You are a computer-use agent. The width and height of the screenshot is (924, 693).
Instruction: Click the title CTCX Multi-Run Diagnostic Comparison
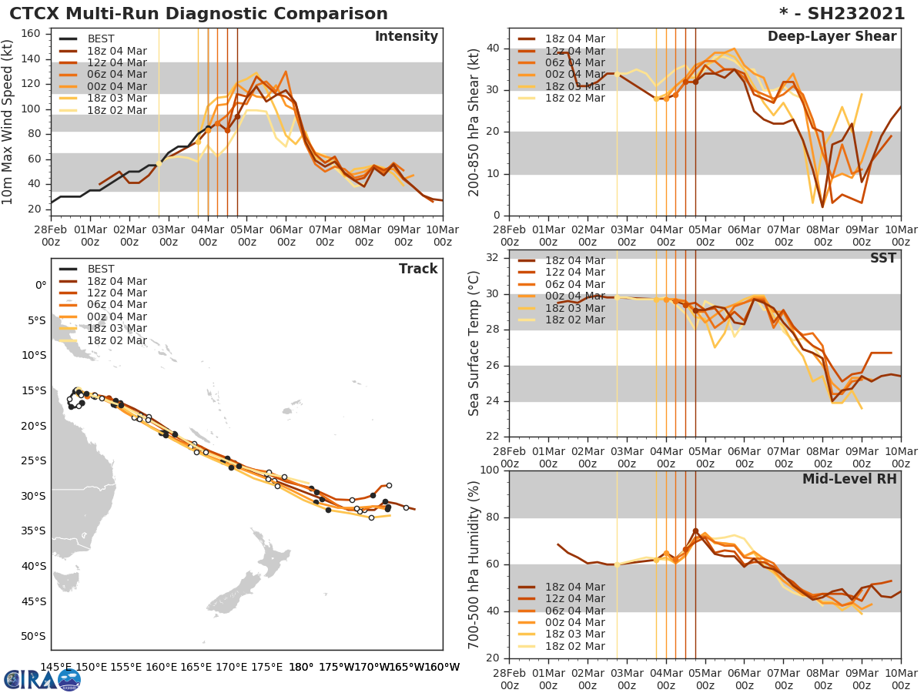(199, 14)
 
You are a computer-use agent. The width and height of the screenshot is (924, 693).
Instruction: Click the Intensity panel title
(407, 37)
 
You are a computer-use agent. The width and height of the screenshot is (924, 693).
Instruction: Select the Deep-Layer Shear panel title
(832, 37)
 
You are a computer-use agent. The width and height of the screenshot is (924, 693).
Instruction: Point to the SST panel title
(882, 258)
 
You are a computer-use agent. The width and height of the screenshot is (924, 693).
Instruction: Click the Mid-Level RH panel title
(849, 479)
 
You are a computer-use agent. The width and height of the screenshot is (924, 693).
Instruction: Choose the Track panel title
(418, 269)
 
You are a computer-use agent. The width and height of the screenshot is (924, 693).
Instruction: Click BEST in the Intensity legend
(101, 39)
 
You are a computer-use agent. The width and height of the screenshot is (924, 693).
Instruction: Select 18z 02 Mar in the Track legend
(117, 340)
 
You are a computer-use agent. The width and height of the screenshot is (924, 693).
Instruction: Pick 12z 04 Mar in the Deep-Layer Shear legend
(574, 51)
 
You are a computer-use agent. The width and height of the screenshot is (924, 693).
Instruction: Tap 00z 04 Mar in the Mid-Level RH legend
(574, 622)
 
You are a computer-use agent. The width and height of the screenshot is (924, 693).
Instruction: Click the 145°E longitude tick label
(55, 667)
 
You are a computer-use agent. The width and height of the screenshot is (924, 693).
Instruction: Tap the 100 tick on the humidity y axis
(490, 470)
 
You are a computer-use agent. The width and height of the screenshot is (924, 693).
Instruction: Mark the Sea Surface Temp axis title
(474, 344)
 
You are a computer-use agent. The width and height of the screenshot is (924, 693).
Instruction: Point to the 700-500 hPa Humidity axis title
(474, 565)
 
